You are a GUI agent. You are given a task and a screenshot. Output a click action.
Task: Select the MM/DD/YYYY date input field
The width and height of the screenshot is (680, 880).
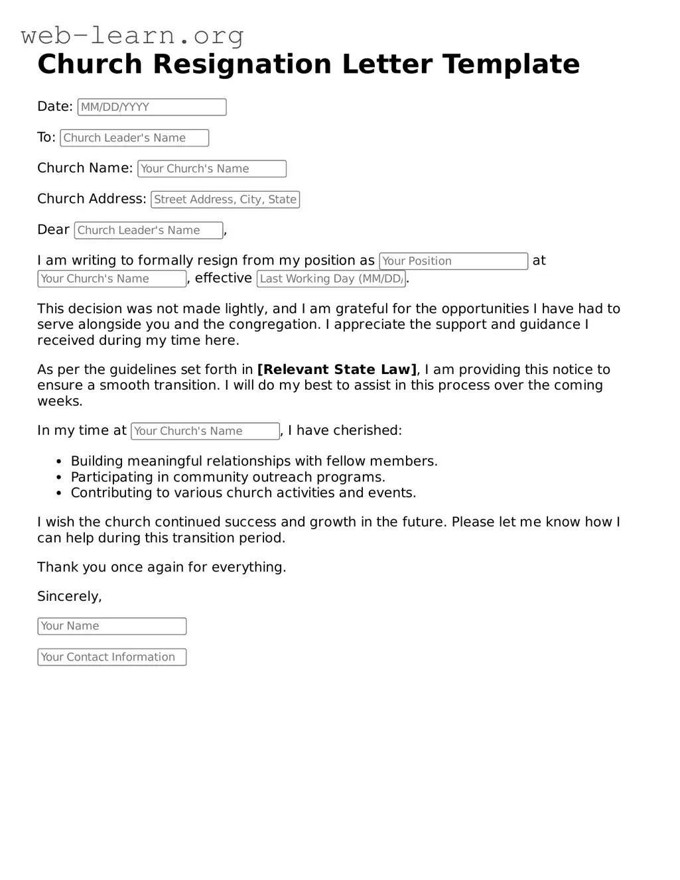coord(152,107)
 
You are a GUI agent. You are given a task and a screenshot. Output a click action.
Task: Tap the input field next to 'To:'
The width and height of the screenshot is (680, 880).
coord(134,138)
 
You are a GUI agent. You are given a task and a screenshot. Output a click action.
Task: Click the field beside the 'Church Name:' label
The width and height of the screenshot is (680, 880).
coord(212,168)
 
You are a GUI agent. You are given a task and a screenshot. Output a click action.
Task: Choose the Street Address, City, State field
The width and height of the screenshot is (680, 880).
coord(225,200)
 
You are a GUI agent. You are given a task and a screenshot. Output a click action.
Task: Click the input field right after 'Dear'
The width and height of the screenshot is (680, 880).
coord(149,230)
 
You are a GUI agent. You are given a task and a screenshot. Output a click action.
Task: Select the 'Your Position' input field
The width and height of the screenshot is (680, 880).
coord(453,261)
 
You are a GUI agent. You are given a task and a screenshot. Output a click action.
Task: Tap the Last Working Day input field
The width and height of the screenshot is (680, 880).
coord(330,279)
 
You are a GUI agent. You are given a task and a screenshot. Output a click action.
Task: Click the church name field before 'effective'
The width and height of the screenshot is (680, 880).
coord(111,279)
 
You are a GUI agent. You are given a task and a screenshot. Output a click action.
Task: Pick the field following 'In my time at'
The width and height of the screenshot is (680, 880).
coord(205,431)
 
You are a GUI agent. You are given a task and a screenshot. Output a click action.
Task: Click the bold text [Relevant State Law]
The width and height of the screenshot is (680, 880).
coord(337,369)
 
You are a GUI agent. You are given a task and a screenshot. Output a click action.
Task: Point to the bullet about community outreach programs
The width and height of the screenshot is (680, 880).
coord(228,477)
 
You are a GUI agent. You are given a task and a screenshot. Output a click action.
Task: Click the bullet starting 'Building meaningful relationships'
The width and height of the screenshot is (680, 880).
coord(253,461)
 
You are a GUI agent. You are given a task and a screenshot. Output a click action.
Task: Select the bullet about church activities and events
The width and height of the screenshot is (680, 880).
coord(243,493)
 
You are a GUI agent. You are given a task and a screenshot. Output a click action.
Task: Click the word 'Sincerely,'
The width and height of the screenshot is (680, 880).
coord(70,596)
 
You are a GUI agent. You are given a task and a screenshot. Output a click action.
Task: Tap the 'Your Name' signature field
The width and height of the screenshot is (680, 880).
coord(111,626)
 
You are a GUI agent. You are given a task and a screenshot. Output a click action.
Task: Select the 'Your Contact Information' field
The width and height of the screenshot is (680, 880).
coord(111,657)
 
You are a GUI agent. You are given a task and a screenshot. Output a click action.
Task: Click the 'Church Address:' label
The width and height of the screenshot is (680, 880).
coord(92,199)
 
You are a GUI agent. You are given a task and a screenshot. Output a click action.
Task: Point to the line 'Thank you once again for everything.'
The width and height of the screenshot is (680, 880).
coord(161,567)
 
